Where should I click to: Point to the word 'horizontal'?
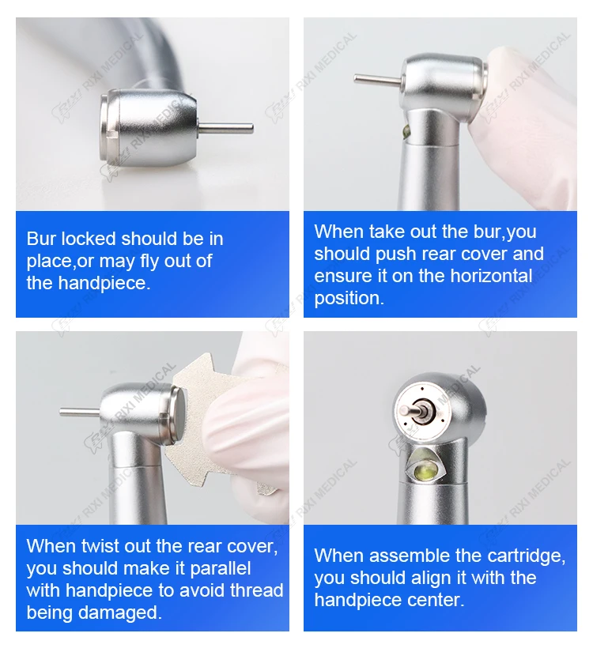click(491, 276)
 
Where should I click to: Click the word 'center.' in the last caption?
click(436, 600)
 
